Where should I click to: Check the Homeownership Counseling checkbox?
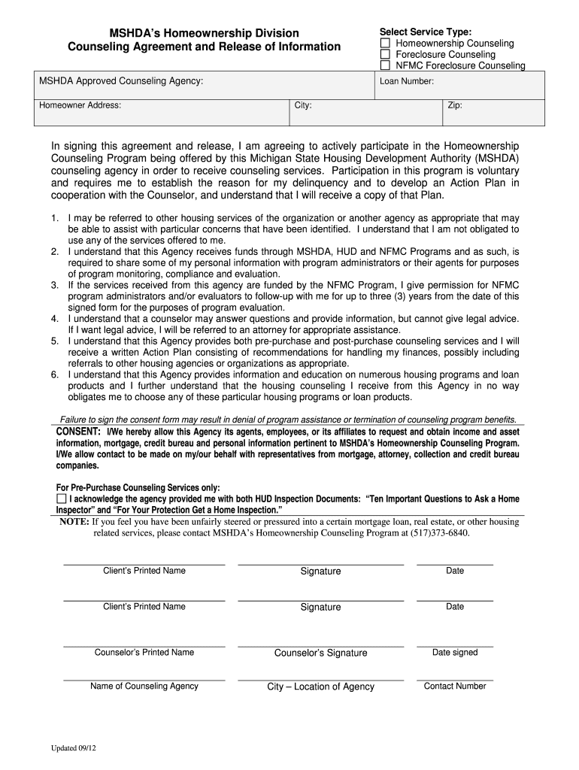pyautogui.click(x=385, y=44)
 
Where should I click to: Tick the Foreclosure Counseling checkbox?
pyautogui.click(x=385, y=55)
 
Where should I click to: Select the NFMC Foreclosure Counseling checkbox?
pyautogui.click(x=385, y=66)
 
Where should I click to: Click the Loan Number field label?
pyautogui.click(x=406, y=81)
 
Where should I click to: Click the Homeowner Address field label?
pyautogui.click(x=80, y=105)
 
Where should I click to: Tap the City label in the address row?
pyautogui.click(x=303, y=105)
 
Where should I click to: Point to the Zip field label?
pyautogui.click(x=455, y=105)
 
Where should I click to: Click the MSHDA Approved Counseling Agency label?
pyautogui.click(x=121, y=80)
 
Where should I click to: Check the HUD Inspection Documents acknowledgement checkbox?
pyautogui.click(x=62, y=499)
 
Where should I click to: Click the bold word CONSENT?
pyautogui.click(x=79, y=432)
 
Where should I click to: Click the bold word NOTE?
pyautogui.click(x=74, y=522)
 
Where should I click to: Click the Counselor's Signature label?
pyautogui.click(x=320, y=653)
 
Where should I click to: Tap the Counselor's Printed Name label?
pyautogui.click(x=144, y=652)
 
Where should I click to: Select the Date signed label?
pyautogui.click(x=455, y=652)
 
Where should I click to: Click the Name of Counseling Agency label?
pyautogui.click(x=144, y=686)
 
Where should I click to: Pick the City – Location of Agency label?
pyautogui.click(x=320, y=687)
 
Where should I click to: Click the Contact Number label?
pyautogui.click(x=455, y=686)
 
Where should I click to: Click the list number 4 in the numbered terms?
pyautogui.click(x=55, y=319)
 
